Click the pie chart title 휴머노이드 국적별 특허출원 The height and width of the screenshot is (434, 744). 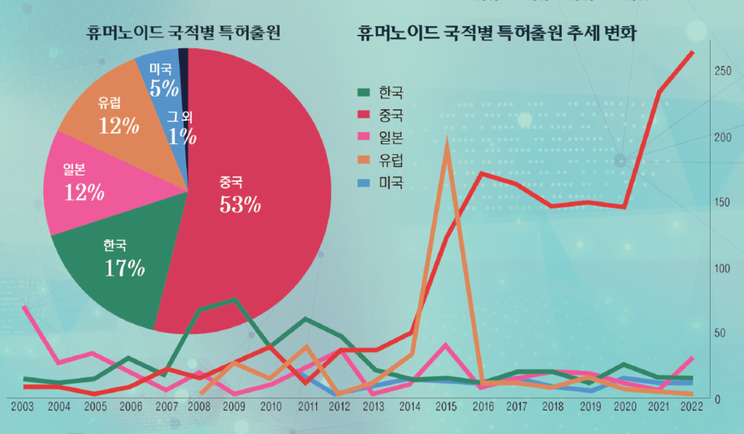pos(184,33)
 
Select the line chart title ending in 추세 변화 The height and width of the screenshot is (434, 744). pos(502,33)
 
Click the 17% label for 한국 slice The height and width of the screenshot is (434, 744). pos(124,268)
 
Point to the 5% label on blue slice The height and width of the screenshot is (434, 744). pos(164,88)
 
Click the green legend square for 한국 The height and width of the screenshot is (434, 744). pos(363,93)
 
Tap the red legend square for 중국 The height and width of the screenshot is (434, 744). pos(363,115)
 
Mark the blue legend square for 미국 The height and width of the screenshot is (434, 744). pos(363,184)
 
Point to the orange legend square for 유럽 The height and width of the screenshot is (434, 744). pos(363,161)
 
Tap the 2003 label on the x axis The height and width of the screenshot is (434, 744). pos(23,405)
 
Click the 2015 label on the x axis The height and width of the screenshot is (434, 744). pos(446,405)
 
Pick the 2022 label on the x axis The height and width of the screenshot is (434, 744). pos(692,405)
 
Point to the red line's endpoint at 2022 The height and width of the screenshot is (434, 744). pos(692,53)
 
